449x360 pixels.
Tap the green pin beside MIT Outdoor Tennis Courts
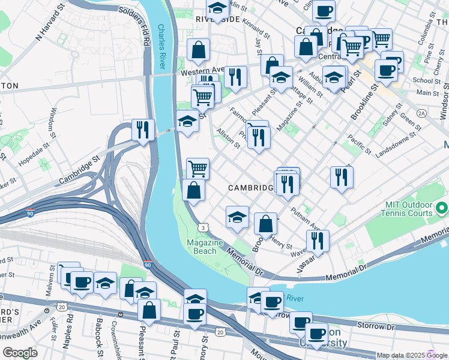442,209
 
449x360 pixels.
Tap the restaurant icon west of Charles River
143,130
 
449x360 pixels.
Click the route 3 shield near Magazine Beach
204,227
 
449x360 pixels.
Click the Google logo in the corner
20,352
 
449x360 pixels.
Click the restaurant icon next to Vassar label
318,241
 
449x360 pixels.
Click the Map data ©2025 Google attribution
399,355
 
